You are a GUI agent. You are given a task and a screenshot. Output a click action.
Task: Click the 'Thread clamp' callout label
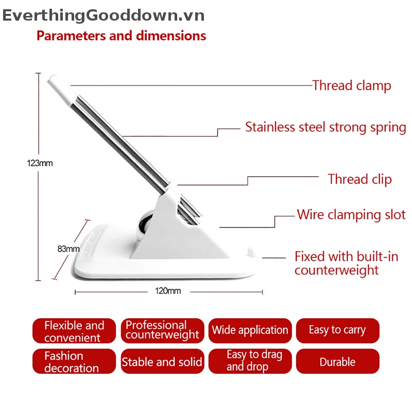(352, 85)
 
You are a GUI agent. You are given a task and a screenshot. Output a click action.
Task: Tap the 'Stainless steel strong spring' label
(325, 127)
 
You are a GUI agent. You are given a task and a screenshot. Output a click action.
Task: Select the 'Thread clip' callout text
(359, 179)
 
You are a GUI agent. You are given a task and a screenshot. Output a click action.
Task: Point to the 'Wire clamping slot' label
(351, 215)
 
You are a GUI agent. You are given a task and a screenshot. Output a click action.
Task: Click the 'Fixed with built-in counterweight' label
(346, 263)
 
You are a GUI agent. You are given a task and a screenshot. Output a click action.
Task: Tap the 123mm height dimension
(40, 163)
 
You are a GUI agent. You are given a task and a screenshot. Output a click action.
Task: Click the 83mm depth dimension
(68, 249)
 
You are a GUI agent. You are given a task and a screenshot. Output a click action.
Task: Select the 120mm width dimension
(168, 291)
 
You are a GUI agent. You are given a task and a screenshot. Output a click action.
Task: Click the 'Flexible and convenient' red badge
(74, 331)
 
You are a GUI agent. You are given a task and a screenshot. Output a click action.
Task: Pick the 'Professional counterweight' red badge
(162, 331)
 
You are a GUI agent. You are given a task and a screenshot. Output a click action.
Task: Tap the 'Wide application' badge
(250, 331)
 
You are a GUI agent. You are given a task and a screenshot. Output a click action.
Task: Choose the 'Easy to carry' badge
(337, 331)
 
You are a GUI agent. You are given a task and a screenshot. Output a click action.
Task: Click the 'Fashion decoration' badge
(74, 362)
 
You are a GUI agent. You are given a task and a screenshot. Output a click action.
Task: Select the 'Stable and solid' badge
(162, 362)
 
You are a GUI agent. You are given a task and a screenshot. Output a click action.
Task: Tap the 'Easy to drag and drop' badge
(250, 361)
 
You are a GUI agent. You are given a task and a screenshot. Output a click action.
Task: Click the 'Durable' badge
(337, 362)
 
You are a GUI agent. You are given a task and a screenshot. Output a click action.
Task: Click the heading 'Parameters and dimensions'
(121, 36)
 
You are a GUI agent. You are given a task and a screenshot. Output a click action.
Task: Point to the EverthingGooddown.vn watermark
(103, 15)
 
